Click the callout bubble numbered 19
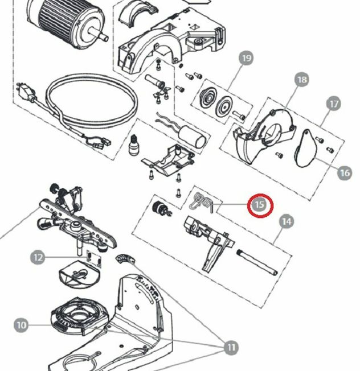(246, 59)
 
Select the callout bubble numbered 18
(301, 80)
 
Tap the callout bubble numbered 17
(333, 104)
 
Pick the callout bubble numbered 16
(344, 172)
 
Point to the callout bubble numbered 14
(287, 221)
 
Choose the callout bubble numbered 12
(38, 258)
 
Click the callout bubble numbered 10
(21, 325)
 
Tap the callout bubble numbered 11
(231, 347)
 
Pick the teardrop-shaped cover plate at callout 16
(309, 147)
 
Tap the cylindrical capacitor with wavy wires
(192, 135)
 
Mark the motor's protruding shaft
(104, 36)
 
